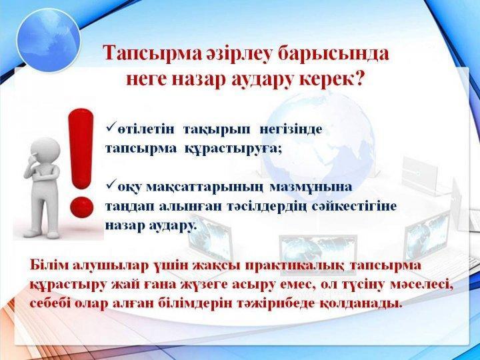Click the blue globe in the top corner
click(49, 40)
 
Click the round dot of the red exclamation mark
click(82, 207)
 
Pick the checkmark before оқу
click(111, 183)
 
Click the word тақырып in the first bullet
click(217, 130)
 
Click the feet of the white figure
click(42, 234)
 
